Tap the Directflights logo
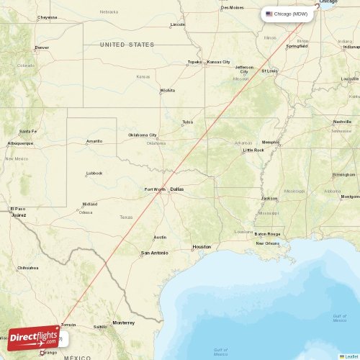(x=34, y=336)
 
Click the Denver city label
(x=42, y=48)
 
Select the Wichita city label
(x=168, y=91)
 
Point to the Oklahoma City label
(x=143, y=135)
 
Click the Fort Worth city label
(x=155, y=189)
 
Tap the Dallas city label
(x=177, y=189)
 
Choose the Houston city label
(x=202, y=247)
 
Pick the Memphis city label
(x=270, y=142)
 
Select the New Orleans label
(x=268, y=243)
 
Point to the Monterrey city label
(x=123, y=323)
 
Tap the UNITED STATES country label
(x=127, y=45)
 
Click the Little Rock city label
(x=253, y=150)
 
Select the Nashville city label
(x=343, y=122)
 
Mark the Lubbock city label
(x=94, y=173)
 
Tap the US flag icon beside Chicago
(x=269, y=14)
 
